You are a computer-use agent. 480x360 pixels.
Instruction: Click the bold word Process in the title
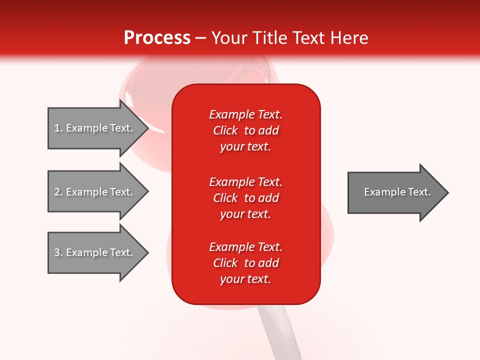pyautogui.click(x=157, y=38)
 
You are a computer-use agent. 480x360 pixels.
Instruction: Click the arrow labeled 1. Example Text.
pyautogui.click(x=95, y=128)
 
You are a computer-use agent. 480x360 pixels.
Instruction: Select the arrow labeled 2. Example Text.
pyautogui.click(x=95, y=192)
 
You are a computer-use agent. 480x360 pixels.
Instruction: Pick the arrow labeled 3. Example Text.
pyautogui.click(x=95, y=252)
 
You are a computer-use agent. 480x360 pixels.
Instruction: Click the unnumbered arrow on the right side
pyautogui.click(x=395, y=192)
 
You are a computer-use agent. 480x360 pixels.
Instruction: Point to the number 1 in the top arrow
pyautogui.click(x=57, y=128)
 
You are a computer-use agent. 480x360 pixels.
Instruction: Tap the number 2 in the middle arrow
pyautogui.click(x=57, y=192)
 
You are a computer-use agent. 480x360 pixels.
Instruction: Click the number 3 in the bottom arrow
pyautogui.click(x=57, y=252)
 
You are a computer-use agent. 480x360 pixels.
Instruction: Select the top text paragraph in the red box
pyautogui.click(x=245, y=130)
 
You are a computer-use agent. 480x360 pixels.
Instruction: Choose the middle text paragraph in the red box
pyautogui.click(x=245, y=198)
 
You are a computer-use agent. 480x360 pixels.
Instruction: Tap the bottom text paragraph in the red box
pyautogui.click(x=245, y=263)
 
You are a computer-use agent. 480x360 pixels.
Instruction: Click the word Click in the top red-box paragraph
pyautogui.click(x=225, y=130)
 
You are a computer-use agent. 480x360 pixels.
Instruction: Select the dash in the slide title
pyautogui.click(x=201, y=38)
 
